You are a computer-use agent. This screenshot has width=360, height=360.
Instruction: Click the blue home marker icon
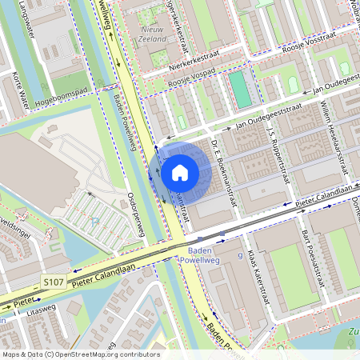click(180, 172)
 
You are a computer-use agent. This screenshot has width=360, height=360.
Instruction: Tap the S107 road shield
click(54, 282)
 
